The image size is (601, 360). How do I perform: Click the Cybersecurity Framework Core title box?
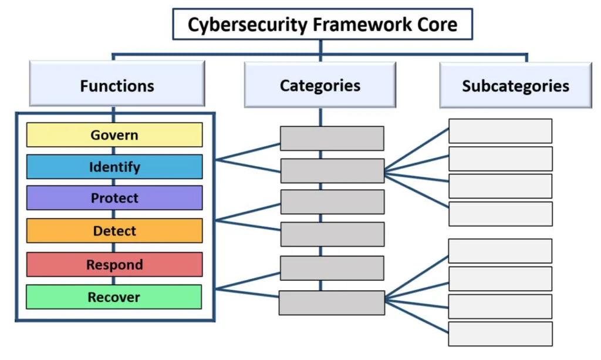point(322,25)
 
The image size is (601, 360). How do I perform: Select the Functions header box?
point(117,86)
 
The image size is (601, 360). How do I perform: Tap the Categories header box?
point(320,86)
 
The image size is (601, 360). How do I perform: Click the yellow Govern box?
point(114,135)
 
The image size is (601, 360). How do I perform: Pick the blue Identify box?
point(114,167)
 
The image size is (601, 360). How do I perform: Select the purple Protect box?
point(114,198)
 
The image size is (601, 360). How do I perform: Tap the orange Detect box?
point(114,231)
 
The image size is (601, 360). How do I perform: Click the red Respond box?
point(114,264)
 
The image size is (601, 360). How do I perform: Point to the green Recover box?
point(114,297)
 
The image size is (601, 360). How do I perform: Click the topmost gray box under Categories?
point(332,139)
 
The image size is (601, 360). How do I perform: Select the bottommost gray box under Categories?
point(332,302)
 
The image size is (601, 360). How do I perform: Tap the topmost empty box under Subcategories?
point(500,131)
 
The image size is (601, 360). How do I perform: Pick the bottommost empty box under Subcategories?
point(500,334)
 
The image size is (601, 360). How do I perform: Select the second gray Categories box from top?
point(332,171)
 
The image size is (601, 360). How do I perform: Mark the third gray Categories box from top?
point(332,202)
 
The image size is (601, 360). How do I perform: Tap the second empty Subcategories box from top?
point(500,159)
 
